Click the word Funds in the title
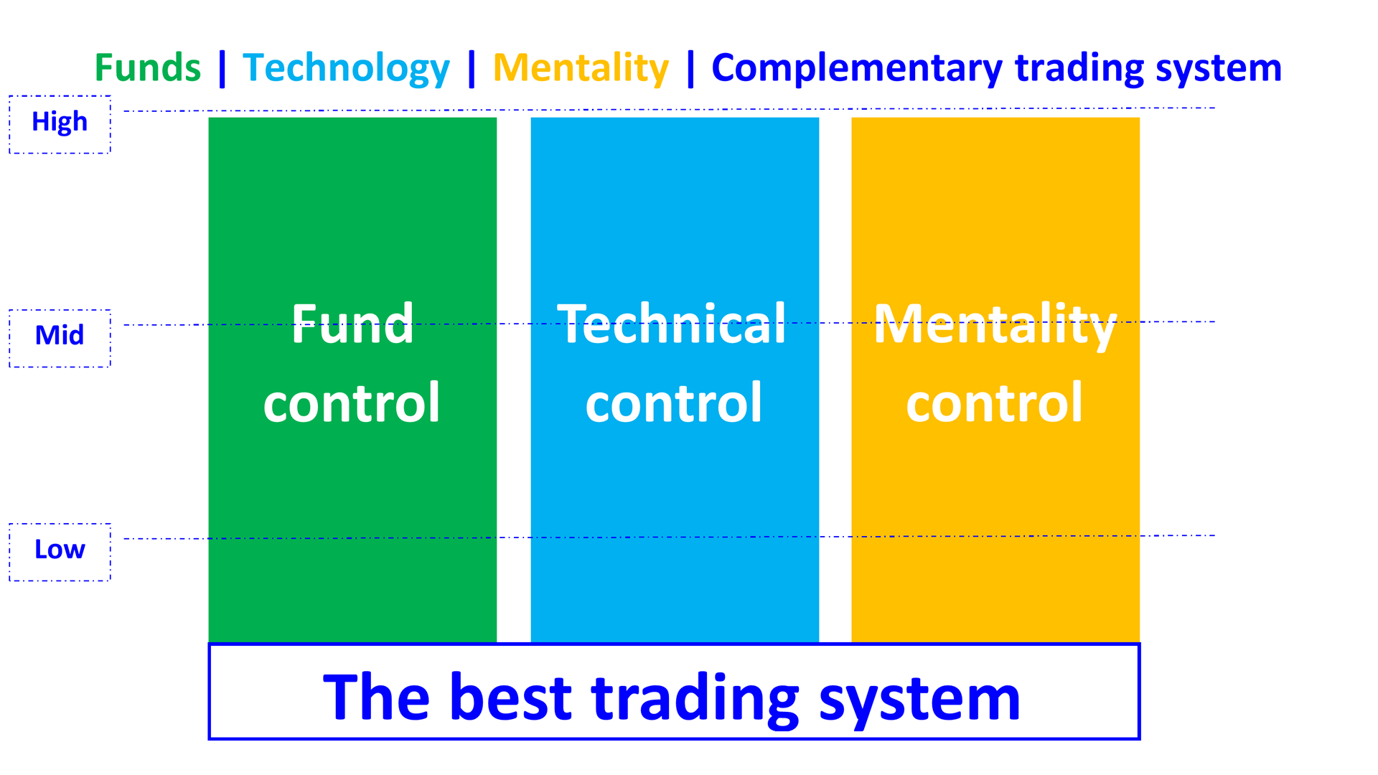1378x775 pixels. [x=148, y=68]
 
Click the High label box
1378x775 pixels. [x=60, y=123]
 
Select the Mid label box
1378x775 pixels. [x=60, y=337]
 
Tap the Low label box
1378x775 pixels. [x=60, y=551]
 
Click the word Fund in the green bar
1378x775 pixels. [x=352, y=324]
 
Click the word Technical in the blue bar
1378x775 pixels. [x=672, y=324]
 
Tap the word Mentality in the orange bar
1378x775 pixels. [x=995, y=326]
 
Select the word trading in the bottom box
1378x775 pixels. [x=695, y=697]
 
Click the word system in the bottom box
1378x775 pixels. [x=919, y=699]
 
